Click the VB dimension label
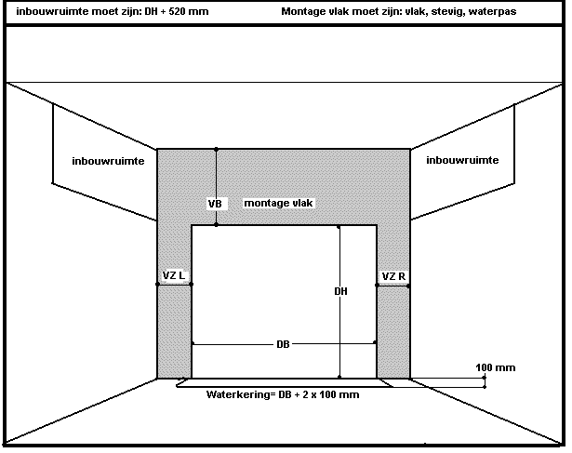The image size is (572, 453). [x=214, y=202]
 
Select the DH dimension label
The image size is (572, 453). [x=340, y=291]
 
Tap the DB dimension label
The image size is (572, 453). [x=283, y=344]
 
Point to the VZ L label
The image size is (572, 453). [x=174, y=276]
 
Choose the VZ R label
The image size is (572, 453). [x=392, y=276]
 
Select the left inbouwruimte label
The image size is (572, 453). [x=107, y=161]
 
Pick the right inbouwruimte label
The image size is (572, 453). [x=462, y=160]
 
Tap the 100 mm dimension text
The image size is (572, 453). [x=495, y=367]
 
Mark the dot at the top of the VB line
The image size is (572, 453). [x=216, y=149]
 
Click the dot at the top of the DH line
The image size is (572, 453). [x=339, y=226]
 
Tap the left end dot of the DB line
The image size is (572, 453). [x=193, y=344]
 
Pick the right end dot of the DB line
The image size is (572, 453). [x=375, y=344]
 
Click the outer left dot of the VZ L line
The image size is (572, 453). [x=157, y=285]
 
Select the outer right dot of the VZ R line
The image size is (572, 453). [x=410, y=286]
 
